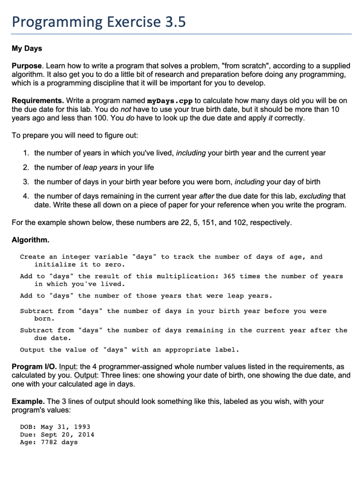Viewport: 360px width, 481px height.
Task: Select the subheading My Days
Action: pyautogui.click(x=27, y=49)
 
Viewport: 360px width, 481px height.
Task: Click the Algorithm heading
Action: pyautogui.click(x=30, y=240)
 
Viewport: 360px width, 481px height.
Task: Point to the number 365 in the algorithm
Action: pyautogui.click(x=229, y=276)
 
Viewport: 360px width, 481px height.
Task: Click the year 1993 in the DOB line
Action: pyautogui.click(x=82, y=427)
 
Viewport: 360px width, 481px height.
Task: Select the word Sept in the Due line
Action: pyautogui.click(x=49, y=434)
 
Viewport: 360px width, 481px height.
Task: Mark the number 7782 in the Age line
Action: pyautogui.click(x=49, y=442)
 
